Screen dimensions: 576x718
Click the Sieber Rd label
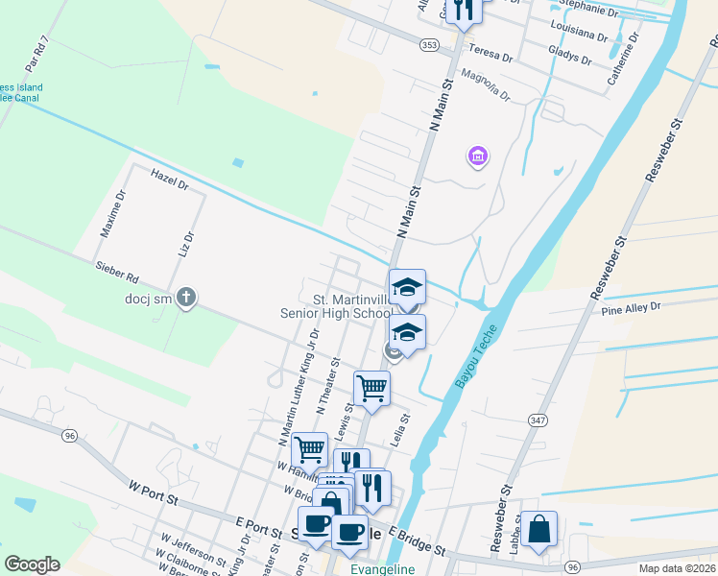coord(116,272)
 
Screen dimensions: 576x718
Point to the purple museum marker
coord(477,156)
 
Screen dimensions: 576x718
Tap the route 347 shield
coord(537,420)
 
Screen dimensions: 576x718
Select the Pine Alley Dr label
coord(631,308)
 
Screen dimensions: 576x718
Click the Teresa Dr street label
coord(488,54)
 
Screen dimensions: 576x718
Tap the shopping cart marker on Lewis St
coord(371,389)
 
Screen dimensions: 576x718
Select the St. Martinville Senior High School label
coord(334,305)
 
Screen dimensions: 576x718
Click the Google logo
coord(32,564)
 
